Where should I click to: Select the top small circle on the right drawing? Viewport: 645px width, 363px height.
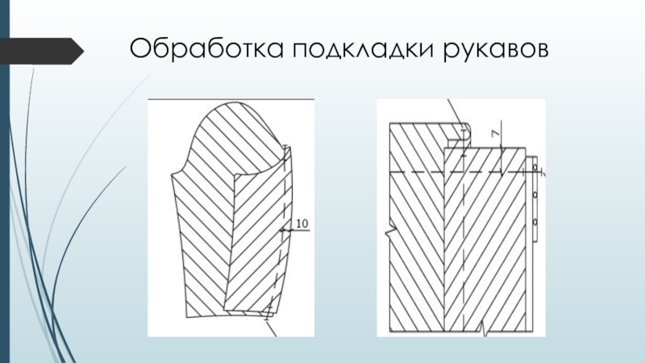click(535, 168)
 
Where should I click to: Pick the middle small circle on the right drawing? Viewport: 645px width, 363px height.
click(535, 194)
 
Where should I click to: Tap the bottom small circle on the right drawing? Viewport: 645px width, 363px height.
click(535, 222)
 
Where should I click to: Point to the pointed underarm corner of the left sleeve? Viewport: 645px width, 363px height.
click(174, 172)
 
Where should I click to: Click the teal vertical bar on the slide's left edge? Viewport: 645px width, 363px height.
click(4, 181)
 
